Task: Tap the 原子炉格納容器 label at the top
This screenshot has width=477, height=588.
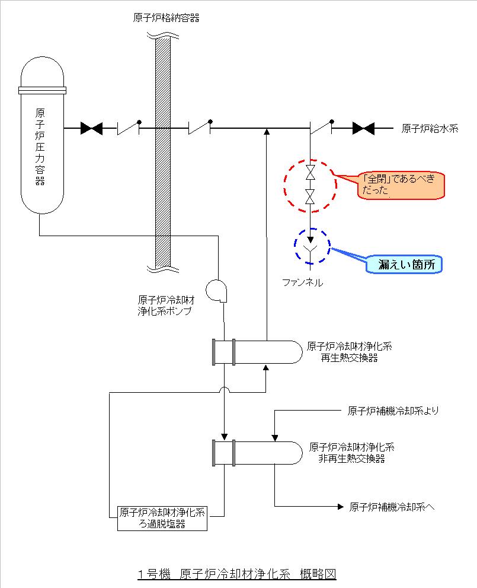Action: (x=167, y=18)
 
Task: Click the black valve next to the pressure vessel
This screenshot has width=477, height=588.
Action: (x=91, y=128)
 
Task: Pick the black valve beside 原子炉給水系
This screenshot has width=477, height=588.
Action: (x=363, y=128)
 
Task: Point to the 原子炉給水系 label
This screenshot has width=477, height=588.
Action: (x=430, y=128)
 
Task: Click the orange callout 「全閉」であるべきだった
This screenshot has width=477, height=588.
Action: (x=402, y=186)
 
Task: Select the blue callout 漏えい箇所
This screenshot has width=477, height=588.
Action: (x=403, y=265)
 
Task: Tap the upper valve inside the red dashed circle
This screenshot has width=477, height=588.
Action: (x=309, y=173)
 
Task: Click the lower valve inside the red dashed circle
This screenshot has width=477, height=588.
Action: (x=309, y=196)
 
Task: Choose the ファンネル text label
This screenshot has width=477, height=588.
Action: (x=303, y=283)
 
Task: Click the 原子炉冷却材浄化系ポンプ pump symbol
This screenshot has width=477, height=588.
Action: (x=215, y=290)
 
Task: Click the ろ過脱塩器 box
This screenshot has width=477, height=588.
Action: (x=162, y=518)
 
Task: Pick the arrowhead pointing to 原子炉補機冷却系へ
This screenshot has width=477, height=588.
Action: (x=340, y=506)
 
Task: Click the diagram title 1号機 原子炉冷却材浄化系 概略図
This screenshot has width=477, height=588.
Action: (x=236, y=574)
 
